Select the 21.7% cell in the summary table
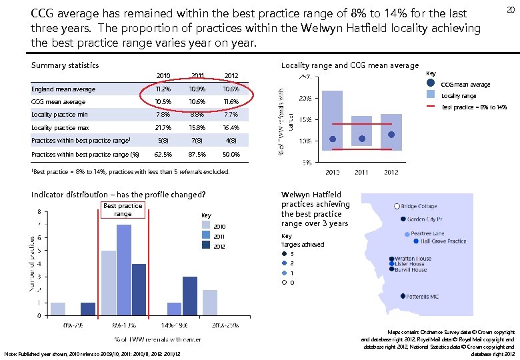tap(163, 127)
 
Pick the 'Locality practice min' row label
tap(59, 115)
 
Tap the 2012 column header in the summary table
tap(231, 76)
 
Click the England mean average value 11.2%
tap(163, 89)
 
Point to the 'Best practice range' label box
tap(123, 210)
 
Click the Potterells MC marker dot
tap(403, 296)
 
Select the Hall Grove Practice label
tap(439, 241)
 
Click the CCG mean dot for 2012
tap(391, 134)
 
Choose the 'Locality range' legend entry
tap(459, 96)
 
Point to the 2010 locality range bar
tap(332, 121)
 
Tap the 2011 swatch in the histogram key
tap(206, 236)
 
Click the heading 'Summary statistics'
tap(65, 65)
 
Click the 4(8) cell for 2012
tap(231, 141)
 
